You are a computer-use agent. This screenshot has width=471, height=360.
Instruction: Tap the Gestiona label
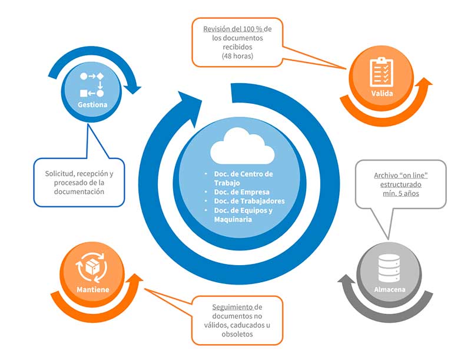pos(93,104)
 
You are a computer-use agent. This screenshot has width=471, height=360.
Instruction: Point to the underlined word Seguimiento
pos(233,307)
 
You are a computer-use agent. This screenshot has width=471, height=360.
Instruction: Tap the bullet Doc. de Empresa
pos(242,192)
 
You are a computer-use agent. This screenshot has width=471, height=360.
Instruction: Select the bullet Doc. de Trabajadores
pos(250,201)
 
